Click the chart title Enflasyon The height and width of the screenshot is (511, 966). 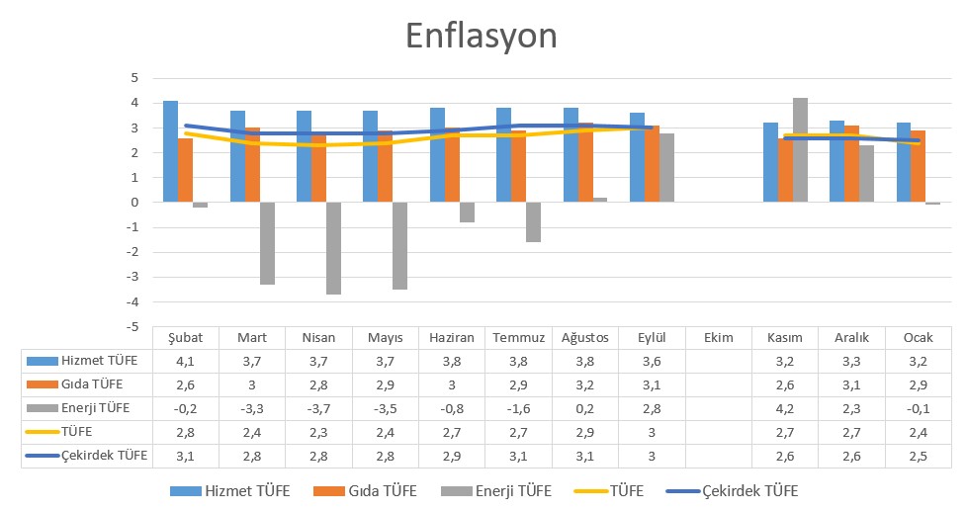click(x=482, y=35)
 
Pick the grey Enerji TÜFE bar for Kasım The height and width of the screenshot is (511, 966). click(x=801, y=149)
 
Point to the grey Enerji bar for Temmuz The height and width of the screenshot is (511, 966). click(x=533, y=221)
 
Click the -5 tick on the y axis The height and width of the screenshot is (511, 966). click(x=132, y=327)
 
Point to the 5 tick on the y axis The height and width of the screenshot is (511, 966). click(x=133, y=78)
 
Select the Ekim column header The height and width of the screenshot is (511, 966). click(x=718, y=338)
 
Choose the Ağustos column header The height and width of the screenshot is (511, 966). click(x=584, y=338)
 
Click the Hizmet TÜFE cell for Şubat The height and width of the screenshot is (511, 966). click(x=185, y=361)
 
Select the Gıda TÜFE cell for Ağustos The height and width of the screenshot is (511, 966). click(x=584, y=384)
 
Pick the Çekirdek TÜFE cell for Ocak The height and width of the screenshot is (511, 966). click(x=919, y=456)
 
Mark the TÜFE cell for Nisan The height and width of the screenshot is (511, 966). click(x=318, y=432)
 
